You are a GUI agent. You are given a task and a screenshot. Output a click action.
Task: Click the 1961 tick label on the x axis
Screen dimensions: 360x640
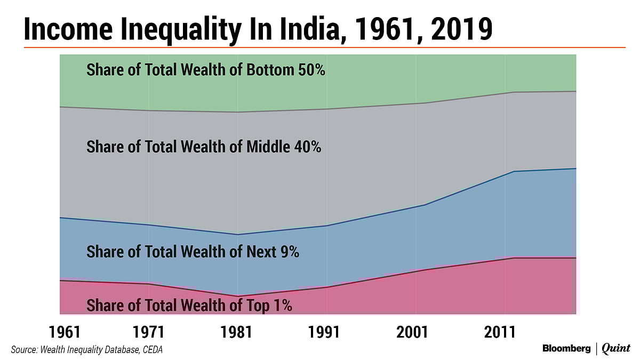pos(65,332)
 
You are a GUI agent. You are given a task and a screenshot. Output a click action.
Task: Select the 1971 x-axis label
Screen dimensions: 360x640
pos(149,332)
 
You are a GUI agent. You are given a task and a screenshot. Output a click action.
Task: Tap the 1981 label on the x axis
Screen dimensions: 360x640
pos(237,332)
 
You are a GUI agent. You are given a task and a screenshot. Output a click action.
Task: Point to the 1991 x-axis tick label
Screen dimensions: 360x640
pos(325,332)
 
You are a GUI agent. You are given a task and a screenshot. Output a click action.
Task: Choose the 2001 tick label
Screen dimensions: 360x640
pos(413,332)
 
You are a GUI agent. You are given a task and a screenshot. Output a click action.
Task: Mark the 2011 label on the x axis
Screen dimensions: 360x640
pos(500,332)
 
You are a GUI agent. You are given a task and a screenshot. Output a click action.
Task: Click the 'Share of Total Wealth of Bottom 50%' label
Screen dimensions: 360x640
pos(206,70)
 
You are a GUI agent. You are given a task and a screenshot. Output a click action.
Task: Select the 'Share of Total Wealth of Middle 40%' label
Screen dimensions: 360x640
pos(204,147)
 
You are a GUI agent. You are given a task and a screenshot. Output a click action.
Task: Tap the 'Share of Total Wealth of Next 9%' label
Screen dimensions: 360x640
pos(193,252)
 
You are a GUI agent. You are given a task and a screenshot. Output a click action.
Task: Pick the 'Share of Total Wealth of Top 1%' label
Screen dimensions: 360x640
pos(189,306)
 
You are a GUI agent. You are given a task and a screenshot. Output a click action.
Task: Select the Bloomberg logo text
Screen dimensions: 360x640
pos(566,349)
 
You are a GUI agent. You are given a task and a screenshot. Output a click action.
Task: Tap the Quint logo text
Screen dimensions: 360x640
pos(616,349)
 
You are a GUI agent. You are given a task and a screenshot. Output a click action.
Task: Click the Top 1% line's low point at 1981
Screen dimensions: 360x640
pos(237,296)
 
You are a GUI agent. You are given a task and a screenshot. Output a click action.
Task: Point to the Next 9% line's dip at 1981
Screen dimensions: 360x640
pos(237,234)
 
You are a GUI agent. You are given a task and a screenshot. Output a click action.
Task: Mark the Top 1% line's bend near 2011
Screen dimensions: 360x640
pos(513,258)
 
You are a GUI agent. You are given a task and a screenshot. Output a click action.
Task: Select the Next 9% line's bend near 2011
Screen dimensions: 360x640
pos(513,171)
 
